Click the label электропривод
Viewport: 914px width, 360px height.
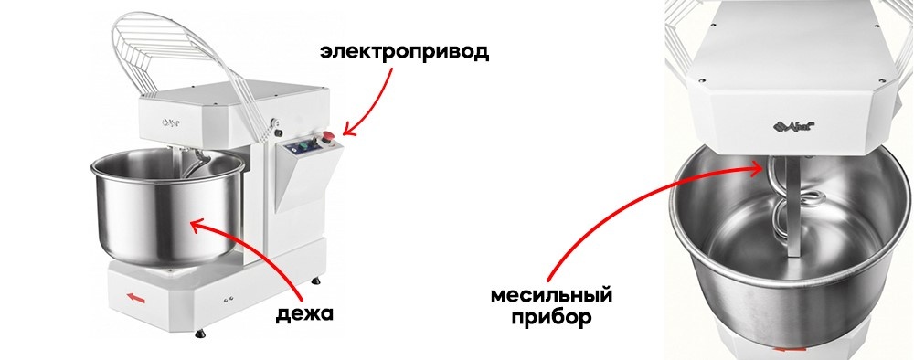404,51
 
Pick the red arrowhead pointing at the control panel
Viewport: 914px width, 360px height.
346,133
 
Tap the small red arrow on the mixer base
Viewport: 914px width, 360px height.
136,296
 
